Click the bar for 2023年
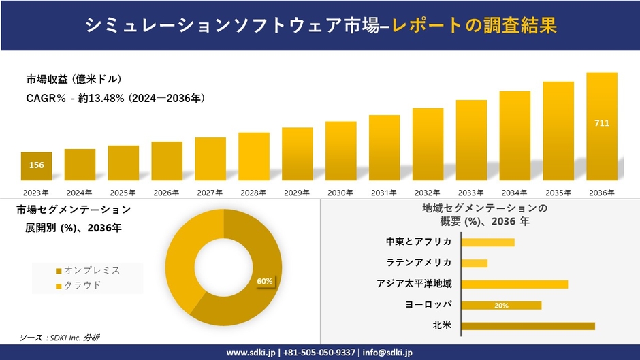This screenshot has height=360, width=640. (36, 166)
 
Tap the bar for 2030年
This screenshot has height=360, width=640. (341, 151)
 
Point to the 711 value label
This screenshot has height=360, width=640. (602, 123)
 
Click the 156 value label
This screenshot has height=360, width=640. (36, 165)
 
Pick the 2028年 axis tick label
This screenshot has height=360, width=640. (254, 193)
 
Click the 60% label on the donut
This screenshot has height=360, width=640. (264, 281)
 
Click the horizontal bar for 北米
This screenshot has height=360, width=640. (528, 326)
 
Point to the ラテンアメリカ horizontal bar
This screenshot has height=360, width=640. (475, 263)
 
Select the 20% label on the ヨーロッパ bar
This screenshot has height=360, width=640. (501, 306)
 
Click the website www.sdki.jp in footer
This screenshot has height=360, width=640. (251, 353)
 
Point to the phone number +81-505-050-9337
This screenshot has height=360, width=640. (319, 353)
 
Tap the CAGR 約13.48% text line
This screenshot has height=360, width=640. (116, 98)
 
